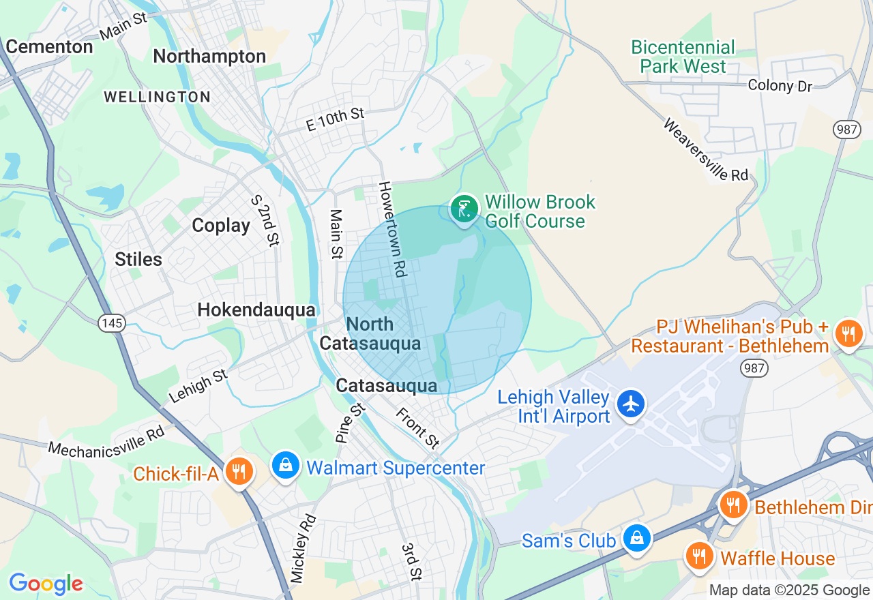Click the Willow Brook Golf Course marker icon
point(464,209)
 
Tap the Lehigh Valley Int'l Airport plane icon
point(632,404)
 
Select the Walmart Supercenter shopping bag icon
point(286,466)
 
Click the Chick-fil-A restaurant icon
point(239,471)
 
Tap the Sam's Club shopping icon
point(636,538)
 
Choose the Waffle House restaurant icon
point(699,556)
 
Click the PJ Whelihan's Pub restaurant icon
point(848,333)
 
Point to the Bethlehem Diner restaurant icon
point(733,505)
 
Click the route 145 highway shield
point(111,322)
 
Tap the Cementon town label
point(49,47)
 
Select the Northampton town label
point(209,57)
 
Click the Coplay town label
point(221,226)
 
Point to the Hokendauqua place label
point(256,310)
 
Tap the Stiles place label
point(138,260)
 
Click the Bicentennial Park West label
point(683,57)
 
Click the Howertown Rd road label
point(393,229)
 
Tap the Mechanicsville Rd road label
point(106,441)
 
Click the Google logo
point(46,584)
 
